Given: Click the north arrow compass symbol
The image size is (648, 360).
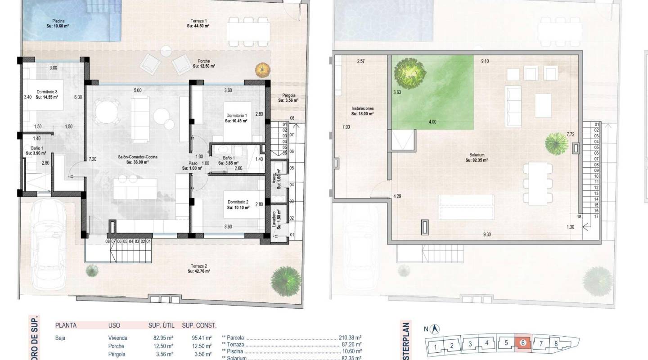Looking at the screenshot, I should coord(436,329).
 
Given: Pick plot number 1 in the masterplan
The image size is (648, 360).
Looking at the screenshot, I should coord(435,347).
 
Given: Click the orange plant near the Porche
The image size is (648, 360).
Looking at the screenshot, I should coord(261,70).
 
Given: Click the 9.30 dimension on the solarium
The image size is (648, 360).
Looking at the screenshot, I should coord(487,234).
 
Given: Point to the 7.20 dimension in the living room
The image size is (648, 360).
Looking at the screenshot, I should coord(93,159).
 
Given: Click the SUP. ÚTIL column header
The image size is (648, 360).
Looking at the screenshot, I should coord(161,325).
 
